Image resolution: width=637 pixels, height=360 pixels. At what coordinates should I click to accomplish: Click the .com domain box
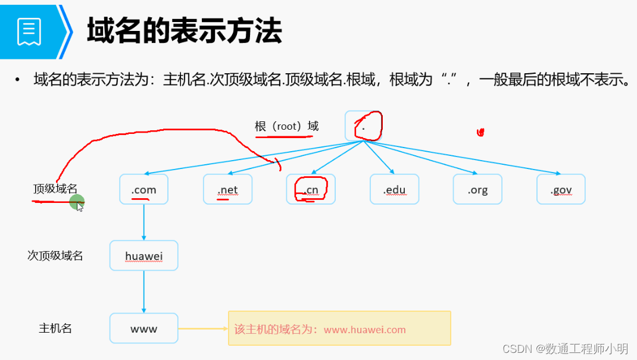[x=144, y=189]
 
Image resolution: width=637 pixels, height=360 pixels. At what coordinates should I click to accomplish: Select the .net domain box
[x=227, y=189]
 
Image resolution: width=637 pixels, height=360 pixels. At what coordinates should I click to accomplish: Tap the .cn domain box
[x=311, y=189]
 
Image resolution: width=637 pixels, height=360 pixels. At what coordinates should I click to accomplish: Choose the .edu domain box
[x=394, y=189]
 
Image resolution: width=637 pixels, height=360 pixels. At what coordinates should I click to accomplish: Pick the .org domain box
[x=477, y=189]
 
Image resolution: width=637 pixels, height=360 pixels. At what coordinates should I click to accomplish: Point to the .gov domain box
[x=561, y=189]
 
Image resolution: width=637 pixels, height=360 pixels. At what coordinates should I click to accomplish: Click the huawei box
[x=143, y=256]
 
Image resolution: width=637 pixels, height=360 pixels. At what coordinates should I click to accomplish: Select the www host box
[x=143, y=328]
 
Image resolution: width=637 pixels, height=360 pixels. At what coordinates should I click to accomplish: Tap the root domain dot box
[x=363, y=126]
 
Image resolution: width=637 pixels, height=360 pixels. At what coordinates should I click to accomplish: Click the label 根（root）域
[x=286, y=126]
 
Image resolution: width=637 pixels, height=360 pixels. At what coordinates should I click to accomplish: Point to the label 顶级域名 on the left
[x=55, y=189]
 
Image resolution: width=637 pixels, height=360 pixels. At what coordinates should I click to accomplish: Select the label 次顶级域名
[x=55, y=256]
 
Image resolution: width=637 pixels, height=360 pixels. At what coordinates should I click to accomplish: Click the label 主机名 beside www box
[x=55, y=328]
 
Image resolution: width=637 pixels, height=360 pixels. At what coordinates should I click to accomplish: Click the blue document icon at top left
[x=29, y=31]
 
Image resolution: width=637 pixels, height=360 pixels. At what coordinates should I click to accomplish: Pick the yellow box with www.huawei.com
[x=339, y=328]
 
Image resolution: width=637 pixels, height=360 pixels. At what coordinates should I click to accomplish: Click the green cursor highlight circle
[x=77, y=203]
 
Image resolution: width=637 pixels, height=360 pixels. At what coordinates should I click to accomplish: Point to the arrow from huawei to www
[x=143, y=292]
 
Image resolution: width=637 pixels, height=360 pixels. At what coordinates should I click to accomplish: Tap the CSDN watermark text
[x=565, y=349]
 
